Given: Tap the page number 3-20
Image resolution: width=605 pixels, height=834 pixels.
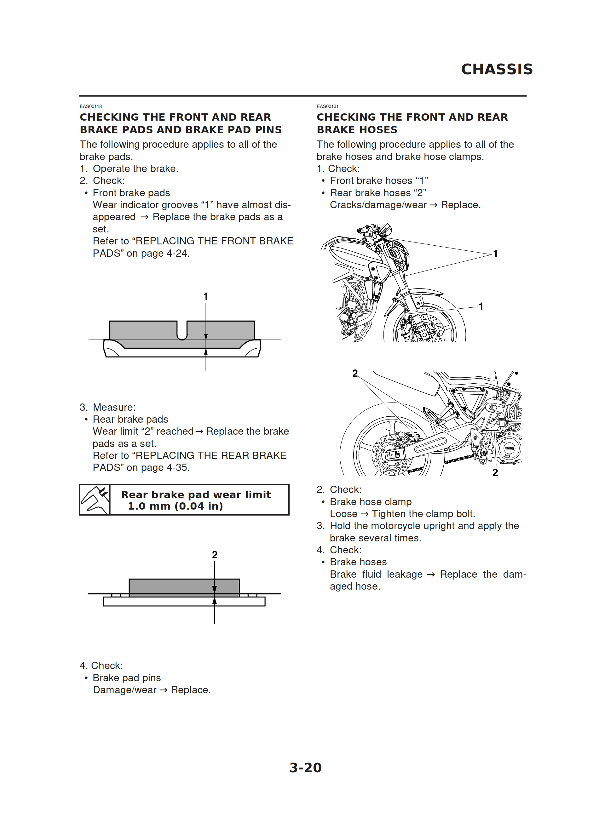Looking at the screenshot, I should [x=305, y=768].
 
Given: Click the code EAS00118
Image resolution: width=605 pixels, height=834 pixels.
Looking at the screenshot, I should [x=90, y=106].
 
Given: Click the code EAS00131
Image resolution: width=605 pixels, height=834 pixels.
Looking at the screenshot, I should [x=327, y=106].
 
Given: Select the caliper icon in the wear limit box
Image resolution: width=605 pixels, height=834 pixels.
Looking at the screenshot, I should [x=95, y=500].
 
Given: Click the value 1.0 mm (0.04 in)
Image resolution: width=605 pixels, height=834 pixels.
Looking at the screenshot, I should [x=175, y=506].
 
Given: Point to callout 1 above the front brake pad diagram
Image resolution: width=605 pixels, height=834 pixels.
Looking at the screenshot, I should [x=206, y=296].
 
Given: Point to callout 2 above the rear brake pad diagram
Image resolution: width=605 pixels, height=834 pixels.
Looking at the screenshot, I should [x=215, y=555].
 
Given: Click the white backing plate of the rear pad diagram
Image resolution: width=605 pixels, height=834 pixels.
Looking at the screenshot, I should [x=184, y=601].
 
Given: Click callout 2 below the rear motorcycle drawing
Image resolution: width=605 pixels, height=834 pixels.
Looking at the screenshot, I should [x=495, y=472].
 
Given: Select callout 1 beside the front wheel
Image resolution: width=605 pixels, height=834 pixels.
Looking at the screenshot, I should [x=481, y=306].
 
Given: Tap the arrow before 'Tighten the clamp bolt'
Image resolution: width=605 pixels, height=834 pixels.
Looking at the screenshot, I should [x=364, y=514].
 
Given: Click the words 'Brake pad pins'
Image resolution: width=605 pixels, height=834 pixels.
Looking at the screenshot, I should [x=127, y=678].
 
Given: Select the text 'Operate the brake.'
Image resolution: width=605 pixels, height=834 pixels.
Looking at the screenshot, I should [x=135, y=169].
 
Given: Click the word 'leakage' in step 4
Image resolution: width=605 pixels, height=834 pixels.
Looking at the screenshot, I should [x=405, y=574].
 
